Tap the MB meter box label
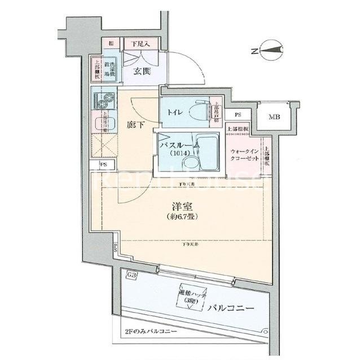275,117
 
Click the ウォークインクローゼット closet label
244,155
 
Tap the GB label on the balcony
132,275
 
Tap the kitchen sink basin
103,120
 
